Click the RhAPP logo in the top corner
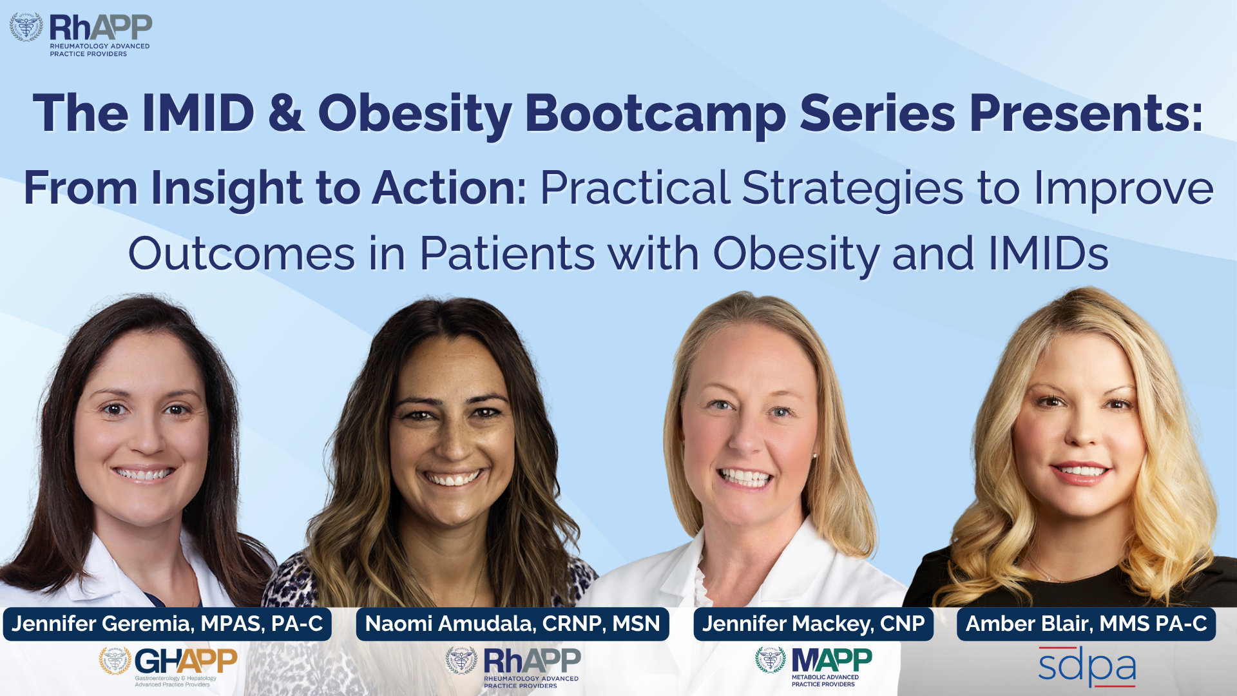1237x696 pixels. [81, 35]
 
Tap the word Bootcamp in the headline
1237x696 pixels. [655, 114]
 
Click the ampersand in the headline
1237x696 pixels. [286, 113]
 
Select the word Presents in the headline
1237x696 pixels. [1086, 114]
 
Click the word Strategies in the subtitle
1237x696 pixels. [853, 189]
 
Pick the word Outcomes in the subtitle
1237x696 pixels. [242, 254]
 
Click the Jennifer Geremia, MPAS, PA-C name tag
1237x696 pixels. [168, 624]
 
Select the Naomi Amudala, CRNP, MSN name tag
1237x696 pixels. [513, 624]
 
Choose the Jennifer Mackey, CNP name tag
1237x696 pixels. [813, 624]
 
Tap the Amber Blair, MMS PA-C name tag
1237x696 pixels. [1086, 624]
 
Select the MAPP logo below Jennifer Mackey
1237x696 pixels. [814, 666]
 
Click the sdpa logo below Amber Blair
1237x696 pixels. [1087, 666]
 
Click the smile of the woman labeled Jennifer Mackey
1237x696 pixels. [745, 478]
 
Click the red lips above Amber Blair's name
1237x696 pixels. [1080, 471]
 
